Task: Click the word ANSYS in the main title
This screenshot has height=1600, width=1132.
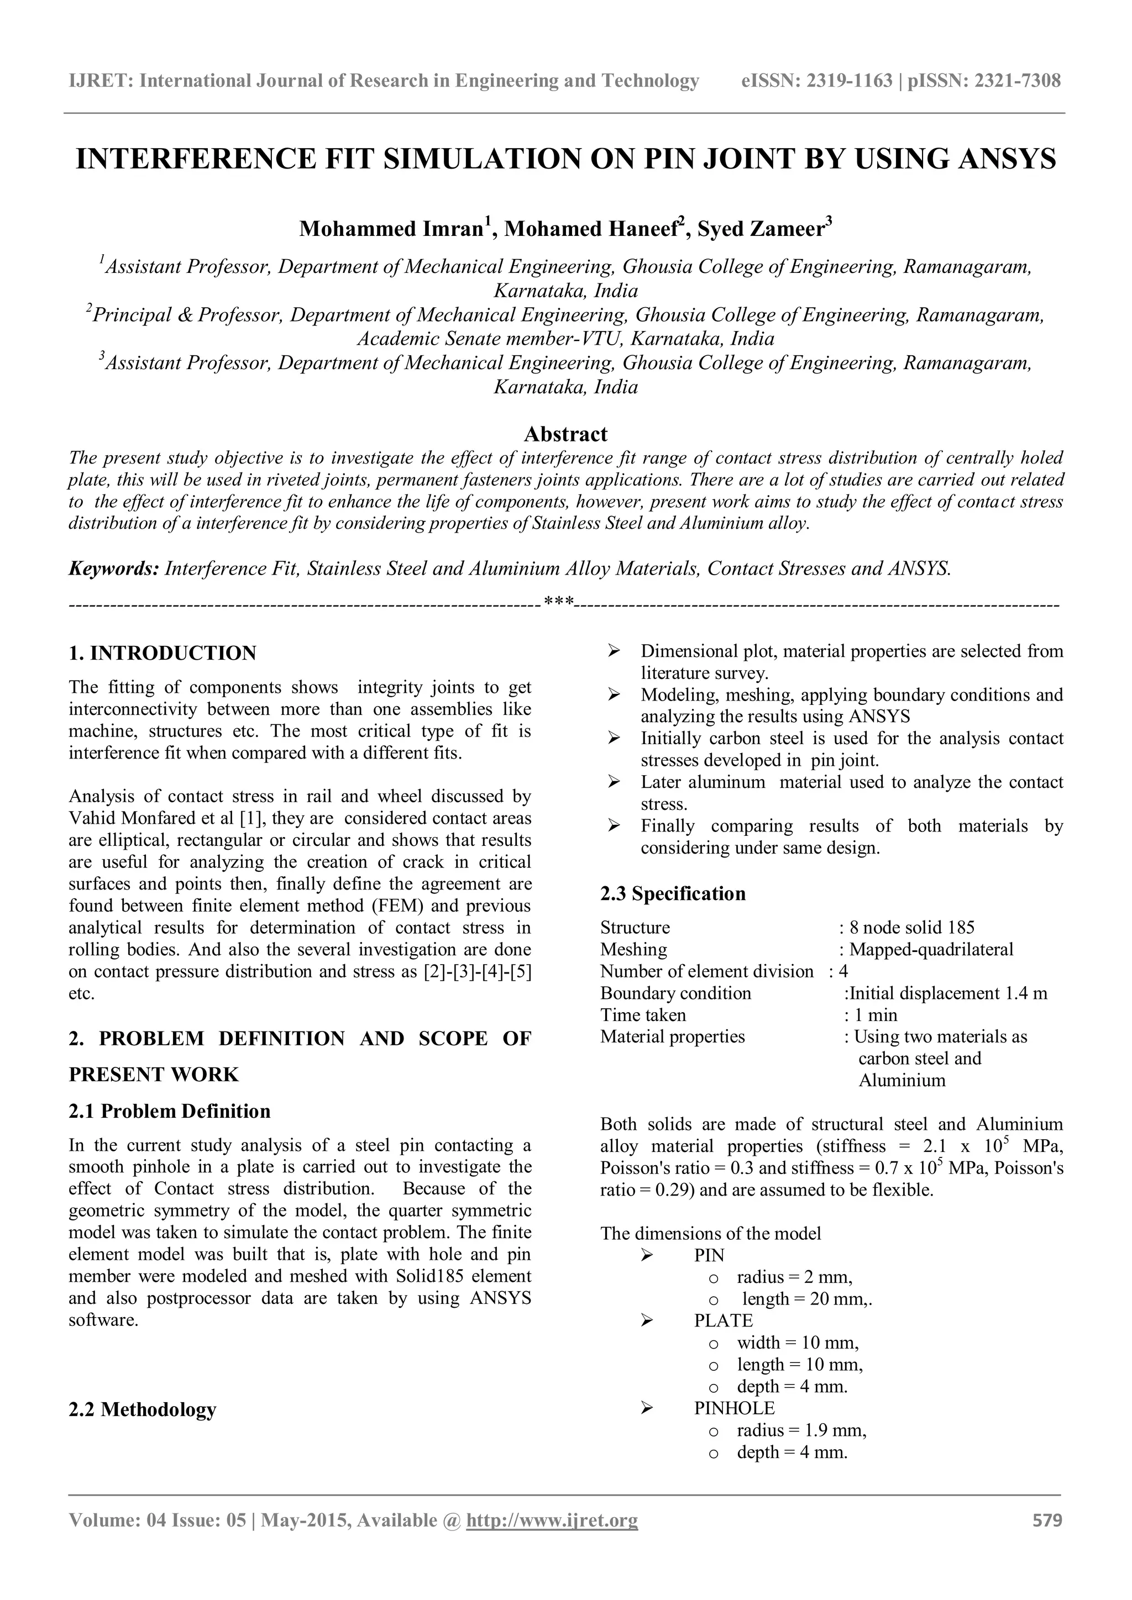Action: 1007,159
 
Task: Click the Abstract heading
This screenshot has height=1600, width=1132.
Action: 565,434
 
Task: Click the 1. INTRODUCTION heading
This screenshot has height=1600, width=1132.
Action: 163,653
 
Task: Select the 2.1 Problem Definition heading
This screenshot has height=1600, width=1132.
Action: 169,1111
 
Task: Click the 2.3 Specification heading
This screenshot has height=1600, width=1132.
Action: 673,893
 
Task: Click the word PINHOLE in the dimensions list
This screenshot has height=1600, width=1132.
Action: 734,1408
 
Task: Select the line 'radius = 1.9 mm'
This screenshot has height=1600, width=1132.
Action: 801,1430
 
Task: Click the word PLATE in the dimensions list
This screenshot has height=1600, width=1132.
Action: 724,1320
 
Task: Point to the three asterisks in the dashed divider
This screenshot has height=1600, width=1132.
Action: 558,601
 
